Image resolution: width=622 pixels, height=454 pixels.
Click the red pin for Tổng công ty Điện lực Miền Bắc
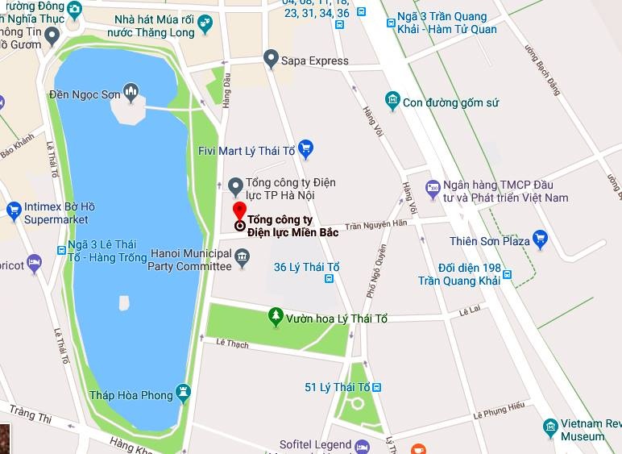[x=239, y=211]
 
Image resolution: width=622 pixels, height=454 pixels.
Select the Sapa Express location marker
[x=271, y=59]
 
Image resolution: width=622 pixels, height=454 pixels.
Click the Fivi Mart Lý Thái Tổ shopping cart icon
[x=305, y=148]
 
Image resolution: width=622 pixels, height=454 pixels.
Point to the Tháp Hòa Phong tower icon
[x=185, y=394]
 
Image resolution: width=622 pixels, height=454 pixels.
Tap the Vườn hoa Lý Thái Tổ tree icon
[x=276, y=318]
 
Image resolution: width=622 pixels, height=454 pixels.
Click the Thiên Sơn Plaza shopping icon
[x=540, y=239]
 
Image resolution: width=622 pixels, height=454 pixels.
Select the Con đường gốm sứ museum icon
[x=392, y=102]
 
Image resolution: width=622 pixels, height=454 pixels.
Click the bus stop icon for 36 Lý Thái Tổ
[x=329, y=279]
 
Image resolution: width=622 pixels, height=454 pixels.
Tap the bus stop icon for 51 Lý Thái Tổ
[x=377, y=388]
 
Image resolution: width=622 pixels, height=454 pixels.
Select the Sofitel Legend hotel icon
[x=362, y=445]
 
